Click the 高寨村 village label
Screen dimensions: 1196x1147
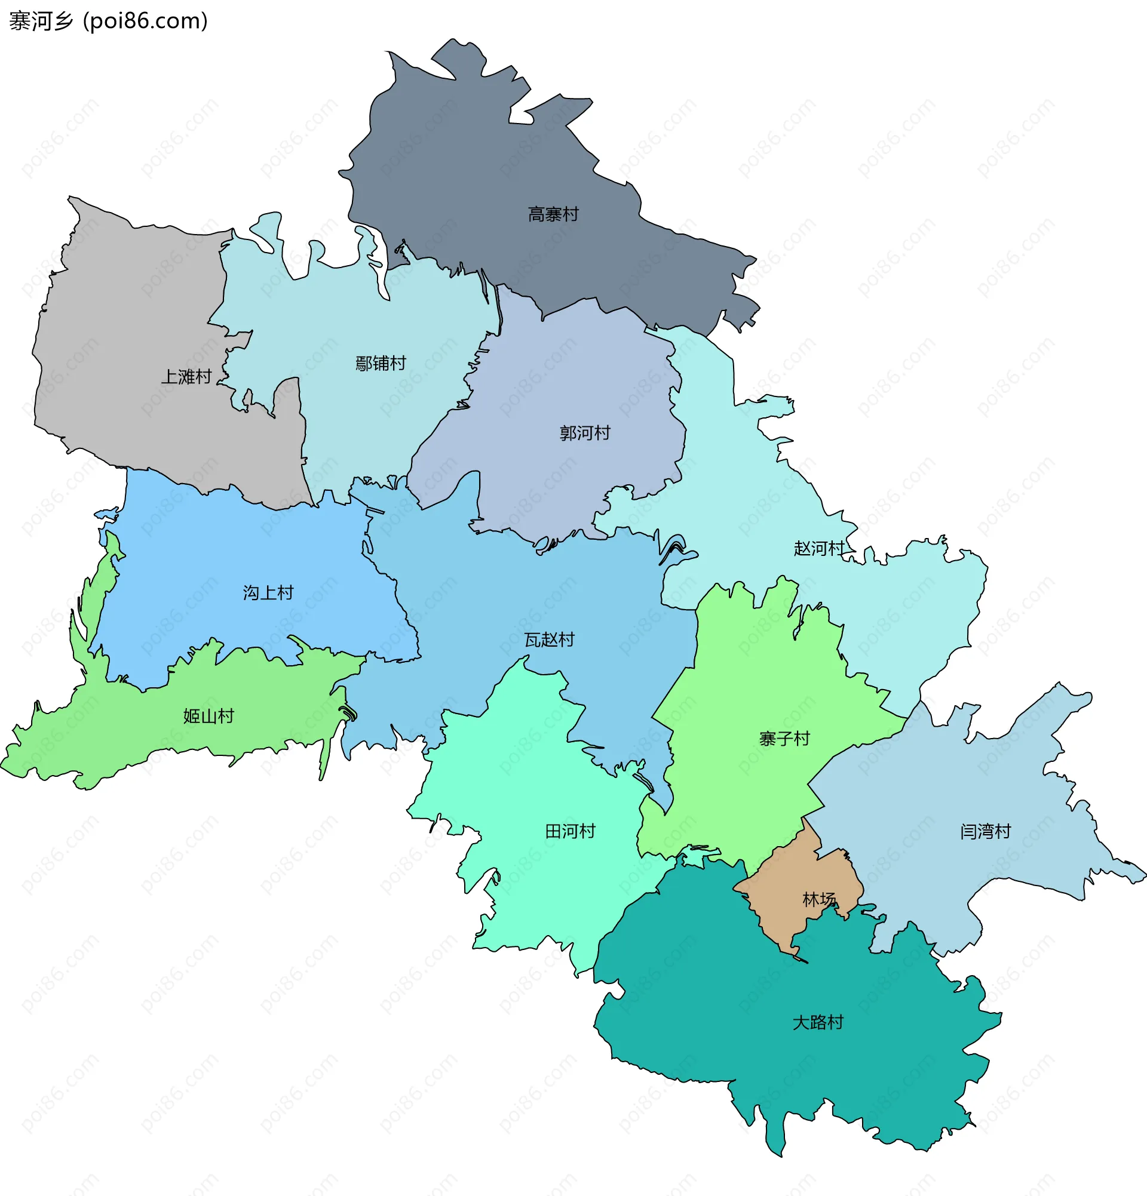click(x=553, y=215)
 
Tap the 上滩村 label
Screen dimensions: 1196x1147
click(x=186, y=377)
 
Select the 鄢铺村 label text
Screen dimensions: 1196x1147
click(x=381, y=364)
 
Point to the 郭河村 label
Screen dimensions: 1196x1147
click(x=584, y=433)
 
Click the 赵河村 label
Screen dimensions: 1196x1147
click(x=818, y=549)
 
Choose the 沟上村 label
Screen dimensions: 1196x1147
click(x=268, y=592)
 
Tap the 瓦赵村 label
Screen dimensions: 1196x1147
click(x=549, y=639)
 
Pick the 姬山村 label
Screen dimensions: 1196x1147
click(x=208, y=716)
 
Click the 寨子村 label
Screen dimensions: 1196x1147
click(x=784, y=739)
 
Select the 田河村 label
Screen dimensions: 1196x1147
click(x=569, y=831)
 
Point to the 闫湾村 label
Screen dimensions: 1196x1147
click(x=985, y=831)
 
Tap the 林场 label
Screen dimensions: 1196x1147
click(x=818, y=899)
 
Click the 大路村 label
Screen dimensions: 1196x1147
click(x=817, y=1022)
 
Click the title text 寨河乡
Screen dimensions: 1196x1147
click(x=41, y=21)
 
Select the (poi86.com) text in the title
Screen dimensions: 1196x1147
click(x=145, y=21)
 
